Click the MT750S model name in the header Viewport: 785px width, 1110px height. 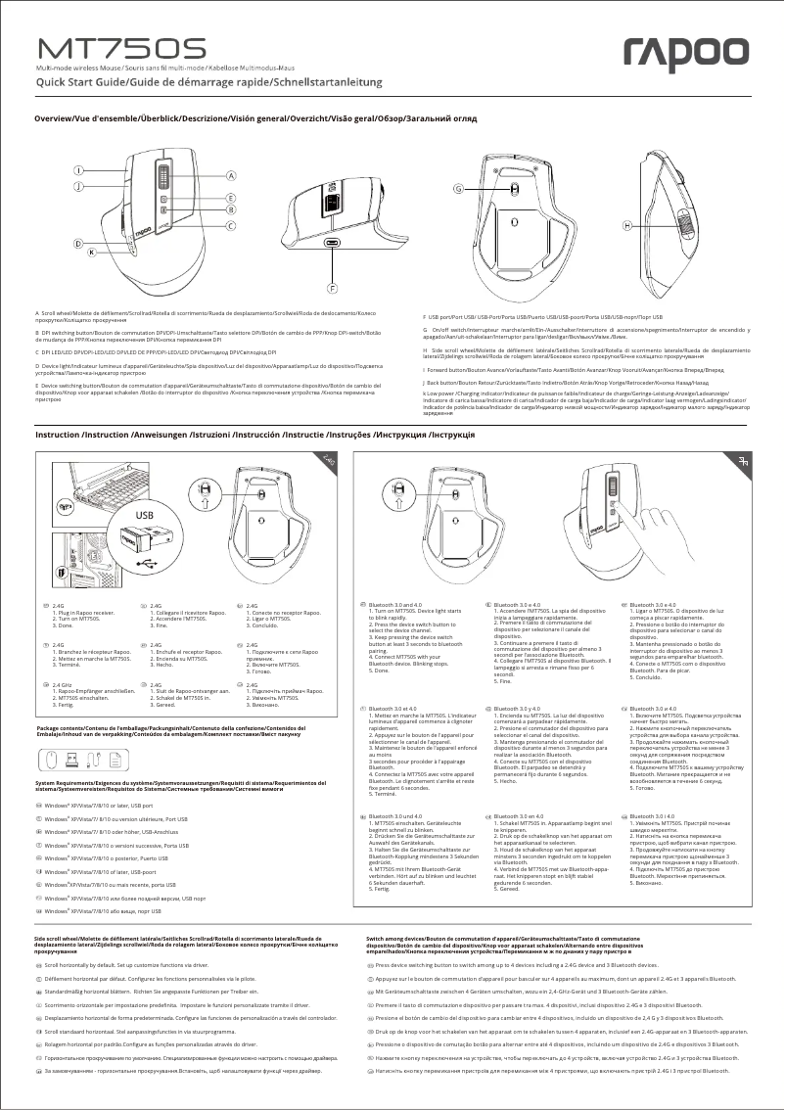tap(121, 49)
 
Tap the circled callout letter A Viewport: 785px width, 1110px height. tap(231, 176)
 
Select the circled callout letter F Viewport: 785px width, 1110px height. tap(332, 289)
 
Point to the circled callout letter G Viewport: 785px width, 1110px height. tap(457, 188)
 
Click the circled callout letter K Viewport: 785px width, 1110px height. tap(91, 252)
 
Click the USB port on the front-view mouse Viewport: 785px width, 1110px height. tap(332, 246)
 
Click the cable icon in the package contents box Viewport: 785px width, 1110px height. tap(97, 759)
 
